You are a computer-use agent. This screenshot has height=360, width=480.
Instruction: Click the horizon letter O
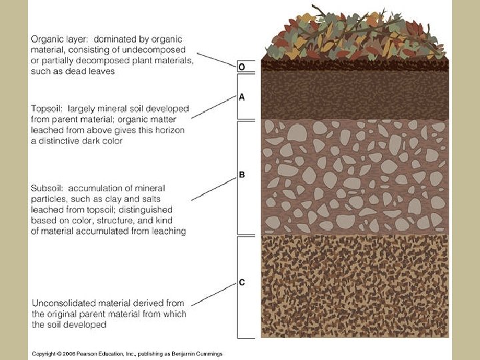click(x=241, y=67)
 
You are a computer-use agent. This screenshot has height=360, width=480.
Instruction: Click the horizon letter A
click(x=241, y=97)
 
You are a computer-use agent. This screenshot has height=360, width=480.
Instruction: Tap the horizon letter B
click(x=242, y=175)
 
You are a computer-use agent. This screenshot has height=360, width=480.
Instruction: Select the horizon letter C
click(x=242, y=283)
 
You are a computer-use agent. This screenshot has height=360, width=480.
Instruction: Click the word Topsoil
click(x=48, y=108)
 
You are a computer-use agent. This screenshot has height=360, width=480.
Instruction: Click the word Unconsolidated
click(x=65, y=303)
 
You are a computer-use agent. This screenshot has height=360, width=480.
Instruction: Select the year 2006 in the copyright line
click(x=72, y=354)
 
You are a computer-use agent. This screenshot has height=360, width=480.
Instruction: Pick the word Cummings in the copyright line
click(x=208, y=354)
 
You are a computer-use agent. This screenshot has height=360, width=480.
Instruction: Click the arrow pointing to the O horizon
click(x=217, y=61)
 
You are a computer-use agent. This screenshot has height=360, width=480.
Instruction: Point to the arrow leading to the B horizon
click(x=213, y=189)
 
